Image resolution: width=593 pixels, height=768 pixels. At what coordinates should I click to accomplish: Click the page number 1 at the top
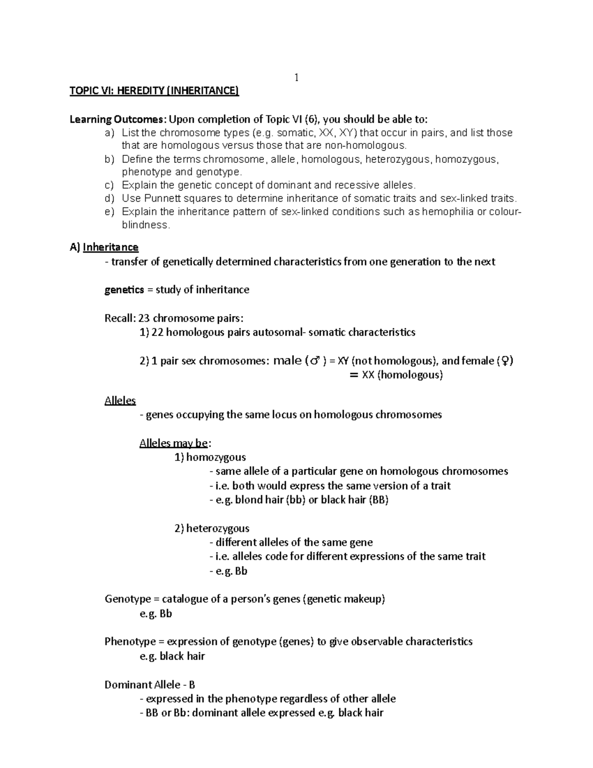tap(296, 78)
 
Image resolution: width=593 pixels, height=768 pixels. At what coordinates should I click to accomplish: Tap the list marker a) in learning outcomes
tap(109, 133)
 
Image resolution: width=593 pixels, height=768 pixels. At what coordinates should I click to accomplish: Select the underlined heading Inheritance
tap(111, 247)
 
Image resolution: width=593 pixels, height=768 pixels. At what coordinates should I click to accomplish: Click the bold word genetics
tap(124, 290)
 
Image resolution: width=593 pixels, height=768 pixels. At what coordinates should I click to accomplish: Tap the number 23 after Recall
tap(144, 318)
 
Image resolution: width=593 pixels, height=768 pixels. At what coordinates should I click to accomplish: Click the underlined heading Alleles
tap(120, 401)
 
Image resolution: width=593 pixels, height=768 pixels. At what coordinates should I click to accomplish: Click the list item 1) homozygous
tap(210, 457)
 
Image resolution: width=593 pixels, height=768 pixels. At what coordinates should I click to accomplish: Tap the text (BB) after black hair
tap(379, 500)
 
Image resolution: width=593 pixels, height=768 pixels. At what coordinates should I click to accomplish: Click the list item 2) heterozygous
tap(212, 529)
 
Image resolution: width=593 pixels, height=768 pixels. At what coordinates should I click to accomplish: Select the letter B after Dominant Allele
tap(192, 685)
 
